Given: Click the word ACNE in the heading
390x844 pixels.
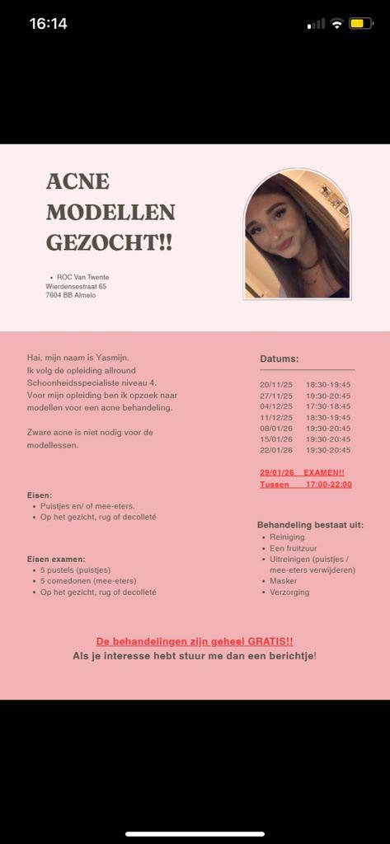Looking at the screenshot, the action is pyautogui.click(x=78, y=181).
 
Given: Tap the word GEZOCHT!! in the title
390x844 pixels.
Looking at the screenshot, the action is pyautogui.click(x=109, y=242).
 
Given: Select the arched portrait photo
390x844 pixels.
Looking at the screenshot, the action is pyautogui.click(x=297, y=236).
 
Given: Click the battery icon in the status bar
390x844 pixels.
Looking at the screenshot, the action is pyautogui.click(x=361, y=24).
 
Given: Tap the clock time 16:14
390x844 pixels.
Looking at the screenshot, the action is pyautogui.click(x=49, y=24).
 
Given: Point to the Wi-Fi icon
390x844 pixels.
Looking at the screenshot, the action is pyautogui.click(x=336, y=24).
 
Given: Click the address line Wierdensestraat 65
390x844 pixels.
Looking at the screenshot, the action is pyautogui.click(x=76, y=286).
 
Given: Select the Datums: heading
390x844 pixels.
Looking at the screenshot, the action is pyautogui.click(x=280, y=359).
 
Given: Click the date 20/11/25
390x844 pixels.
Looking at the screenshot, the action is pyautogui.click(x=275, y=384).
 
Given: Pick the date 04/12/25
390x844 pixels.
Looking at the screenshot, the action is pyautogui.click(x=275, y=406).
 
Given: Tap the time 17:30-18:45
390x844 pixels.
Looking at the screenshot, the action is pyautogui.click(x=328, y=406).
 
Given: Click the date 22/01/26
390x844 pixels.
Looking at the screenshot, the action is pyautogui.click(x=275, y=450).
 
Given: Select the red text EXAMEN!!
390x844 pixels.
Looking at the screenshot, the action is pyautogui.click(x=324, y=472).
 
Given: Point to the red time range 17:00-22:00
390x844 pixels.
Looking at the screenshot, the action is pyautogui.click(x=328, y=484).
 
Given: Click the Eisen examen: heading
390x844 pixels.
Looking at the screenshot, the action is pyautogui.click(x=56, y=558).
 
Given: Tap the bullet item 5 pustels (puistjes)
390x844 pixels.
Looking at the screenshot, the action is pyautogui.click(x=75, y=570).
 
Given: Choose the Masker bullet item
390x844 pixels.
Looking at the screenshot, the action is pyautogui.click(x=284, y=580).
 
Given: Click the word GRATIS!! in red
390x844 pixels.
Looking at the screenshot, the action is pyautogui.click(x=266, y=640).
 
